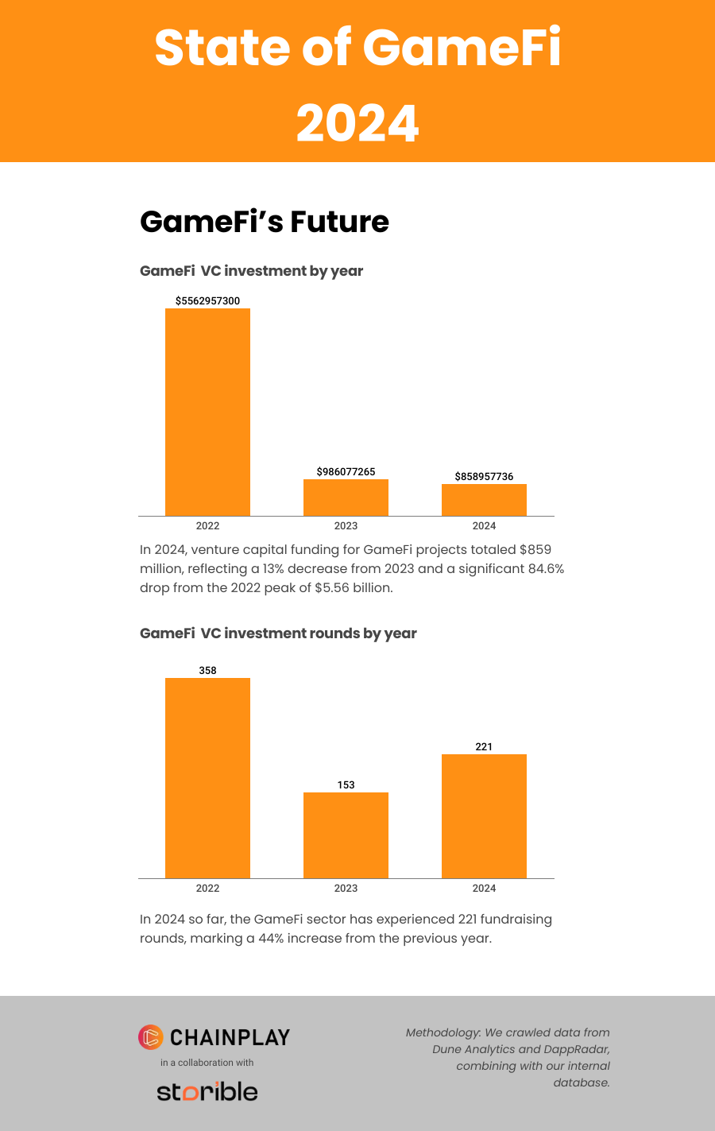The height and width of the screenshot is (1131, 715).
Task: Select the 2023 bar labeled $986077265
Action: [346, 498]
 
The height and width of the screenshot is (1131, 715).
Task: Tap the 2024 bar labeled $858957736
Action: [484, 500]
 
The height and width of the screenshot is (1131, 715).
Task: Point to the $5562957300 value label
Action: [207, 301]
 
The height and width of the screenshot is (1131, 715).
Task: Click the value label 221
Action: [484, 747]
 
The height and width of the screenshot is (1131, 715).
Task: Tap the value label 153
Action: [346, 785]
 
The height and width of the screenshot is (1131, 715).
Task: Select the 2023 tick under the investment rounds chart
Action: [346, 889]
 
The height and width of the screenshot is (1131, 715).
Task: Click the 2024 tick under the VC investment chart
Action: [484, 526]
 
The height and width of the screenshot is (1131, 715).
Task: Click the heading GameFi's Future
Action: [264, 222]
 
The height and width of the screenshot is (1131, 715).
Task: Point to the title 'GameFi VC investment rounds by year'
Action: [278, 633]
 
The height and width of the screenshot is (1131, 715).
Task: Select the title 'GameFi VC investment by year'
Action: [251, 271]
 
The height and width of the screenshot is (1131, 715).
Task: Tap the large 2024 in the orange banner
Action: [357, 124]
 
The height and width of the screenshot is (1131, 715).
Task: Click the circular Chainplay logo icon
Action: [150, 1036]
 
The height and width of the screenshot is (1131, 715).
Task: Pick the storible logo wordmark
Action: [207, 1091]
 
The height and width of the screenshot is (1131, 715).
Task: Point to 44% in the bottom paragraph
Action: [271, 939]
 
